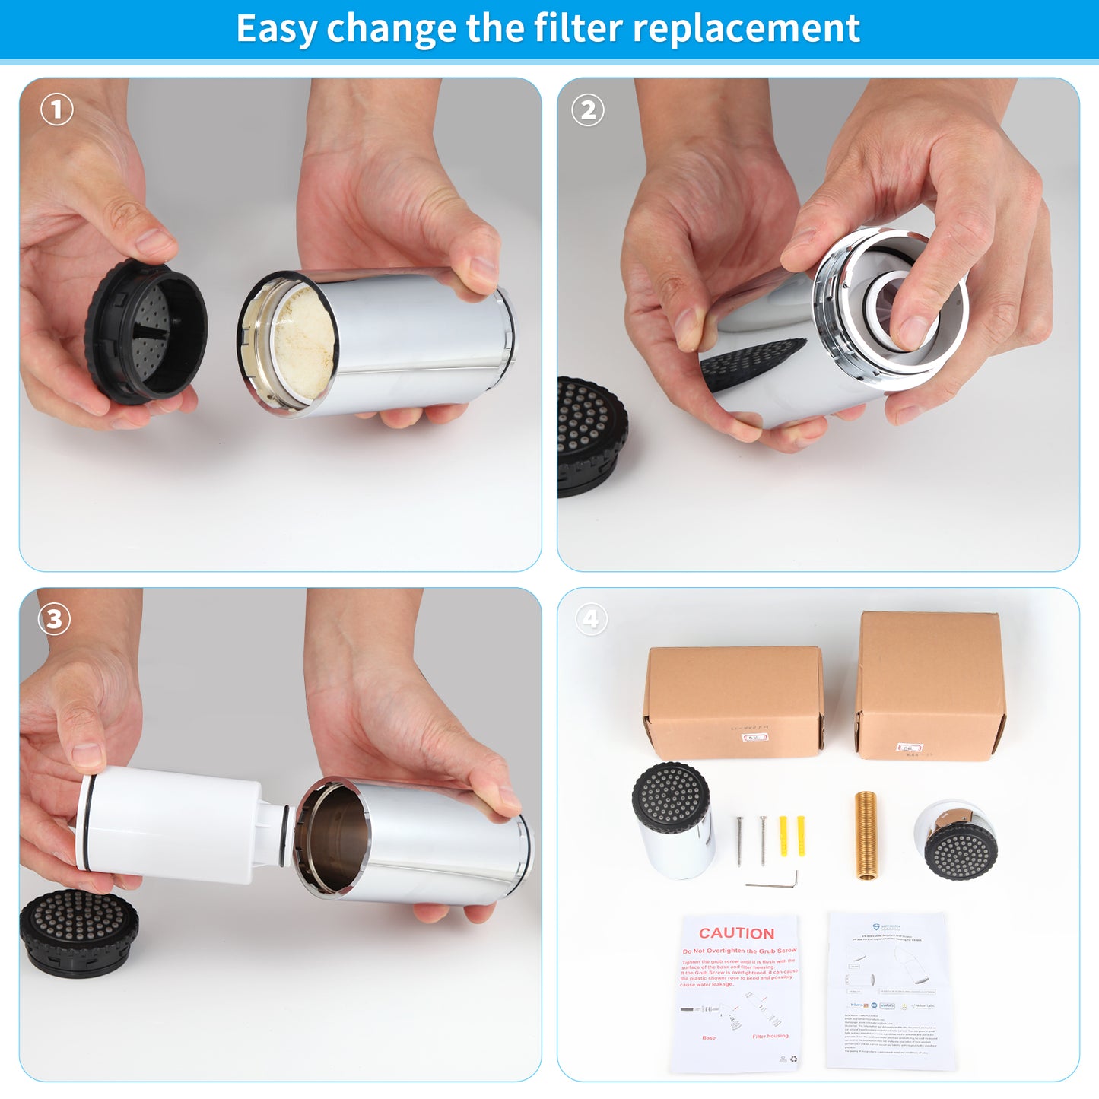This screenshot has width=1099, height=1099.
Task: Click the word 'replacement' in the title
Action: point(745,29)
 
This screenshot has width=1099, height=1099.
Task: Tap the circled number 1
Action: point(56,110)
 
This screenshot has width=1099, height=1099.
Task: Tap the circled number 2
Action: point(588,110)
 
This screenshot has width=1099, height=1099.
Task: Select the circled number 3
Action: point(54,619)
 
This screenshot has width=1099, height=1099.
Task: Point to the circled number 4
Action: point(591,619)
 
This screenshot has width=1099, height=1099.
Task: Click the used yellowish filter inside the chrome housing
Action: point(303,342)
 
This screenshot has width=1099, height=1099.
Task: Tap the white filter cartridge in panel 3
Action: point(175,825)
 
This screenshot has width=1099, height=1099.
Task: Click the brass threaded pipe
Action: point(866,834)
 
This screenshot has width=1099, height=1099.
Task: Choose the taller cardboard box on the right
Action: point(929,684)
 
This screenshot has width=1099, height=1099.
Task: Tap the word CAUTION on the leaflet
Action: point(736,933)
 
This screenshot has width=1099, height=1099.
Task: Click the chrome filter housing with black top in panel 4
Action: point(674,821)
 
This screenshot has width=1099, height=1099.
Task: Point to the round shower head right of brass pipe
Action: point(955,839)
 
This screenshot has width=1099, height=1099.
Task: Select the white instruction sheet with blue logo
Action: point(890,989)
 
